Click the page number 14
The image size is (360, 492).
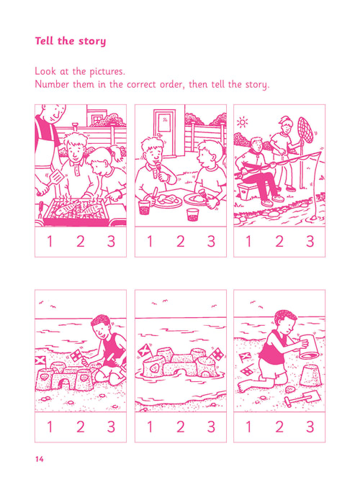click(x=40, y=459)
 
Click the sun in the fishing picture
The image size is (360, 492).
click(x=242, y=122)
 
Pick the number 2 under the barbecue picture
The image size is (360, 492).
click(x=81, y=241)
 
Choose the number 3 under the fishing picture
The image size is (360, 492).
click(x=310, y=241)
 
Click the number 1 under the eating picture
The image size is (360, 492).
click(x=150, y=241)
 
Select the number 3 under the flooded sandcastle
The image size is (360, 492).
click(x=211, y=427)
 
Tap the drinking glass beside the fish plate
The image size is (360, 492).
click(x=144, y=207)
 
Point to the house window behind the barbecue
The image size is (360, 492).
click(x=97, y=119)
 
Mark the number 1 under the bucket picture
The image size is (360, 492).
click(x=249, y=427)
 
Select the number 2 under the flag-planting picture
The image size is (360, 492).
click(x=81, y=427)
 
